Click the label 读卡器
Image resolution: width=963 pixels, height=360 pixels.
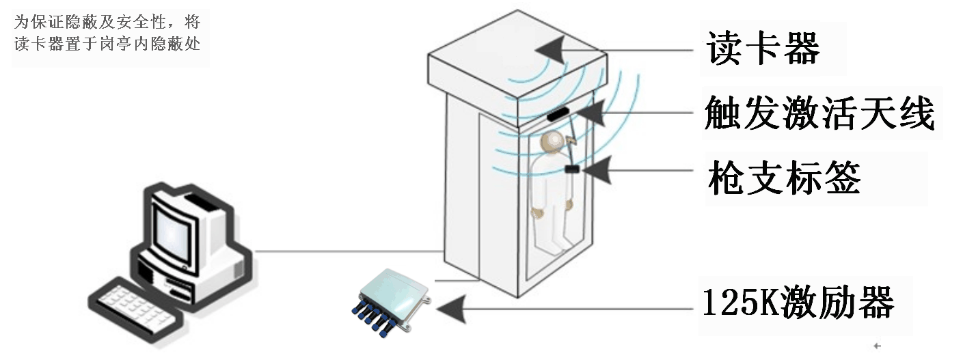763,48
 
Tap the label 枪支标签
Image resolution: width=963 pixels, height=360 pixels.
784,178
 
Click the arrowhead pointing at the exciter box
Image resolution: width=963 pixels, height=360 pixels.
451,309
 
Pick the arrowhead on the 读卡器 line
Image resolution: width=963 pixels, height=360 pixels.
550,51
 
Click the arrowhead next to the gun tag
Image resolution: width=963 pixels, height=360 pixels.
596,170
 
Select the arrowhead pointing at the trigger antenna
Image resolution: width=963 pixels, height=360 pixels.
590,113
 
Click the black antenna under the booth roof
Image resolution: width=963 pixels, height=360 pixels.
558,114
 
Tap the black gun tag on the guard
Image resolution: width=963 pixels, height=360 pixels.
572,169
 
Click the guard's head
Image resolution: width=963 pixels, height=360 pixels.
552,142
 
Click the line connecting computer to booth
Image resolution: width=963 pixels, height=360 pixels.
349,251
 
